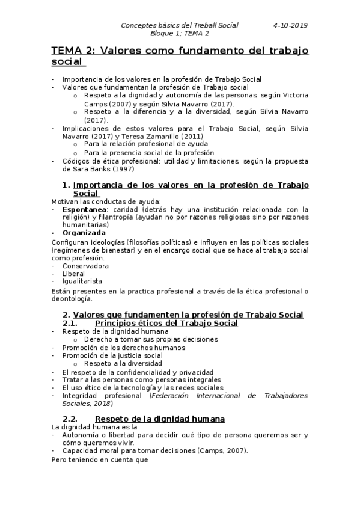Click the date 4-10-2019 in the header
coord(290,25)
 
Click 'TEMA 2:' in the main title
coord(73,51)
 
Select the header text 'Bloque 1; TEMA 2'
coord(179,34)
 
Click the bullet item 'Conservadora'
coord(85,265)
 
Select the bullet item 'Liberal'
coord(73,273)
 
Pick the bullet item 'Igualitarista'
coord(82,281)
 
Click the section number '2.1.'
coord(71,323)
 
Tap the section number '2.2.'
coord(71,418)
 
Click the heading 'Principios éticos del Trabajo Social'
coord(166,323)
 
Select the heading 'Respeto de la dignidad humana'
coord(160,418)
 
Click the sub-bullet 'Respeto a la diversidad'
coord(123,364)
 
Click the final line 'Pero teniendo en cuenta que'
coord(99,460)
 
